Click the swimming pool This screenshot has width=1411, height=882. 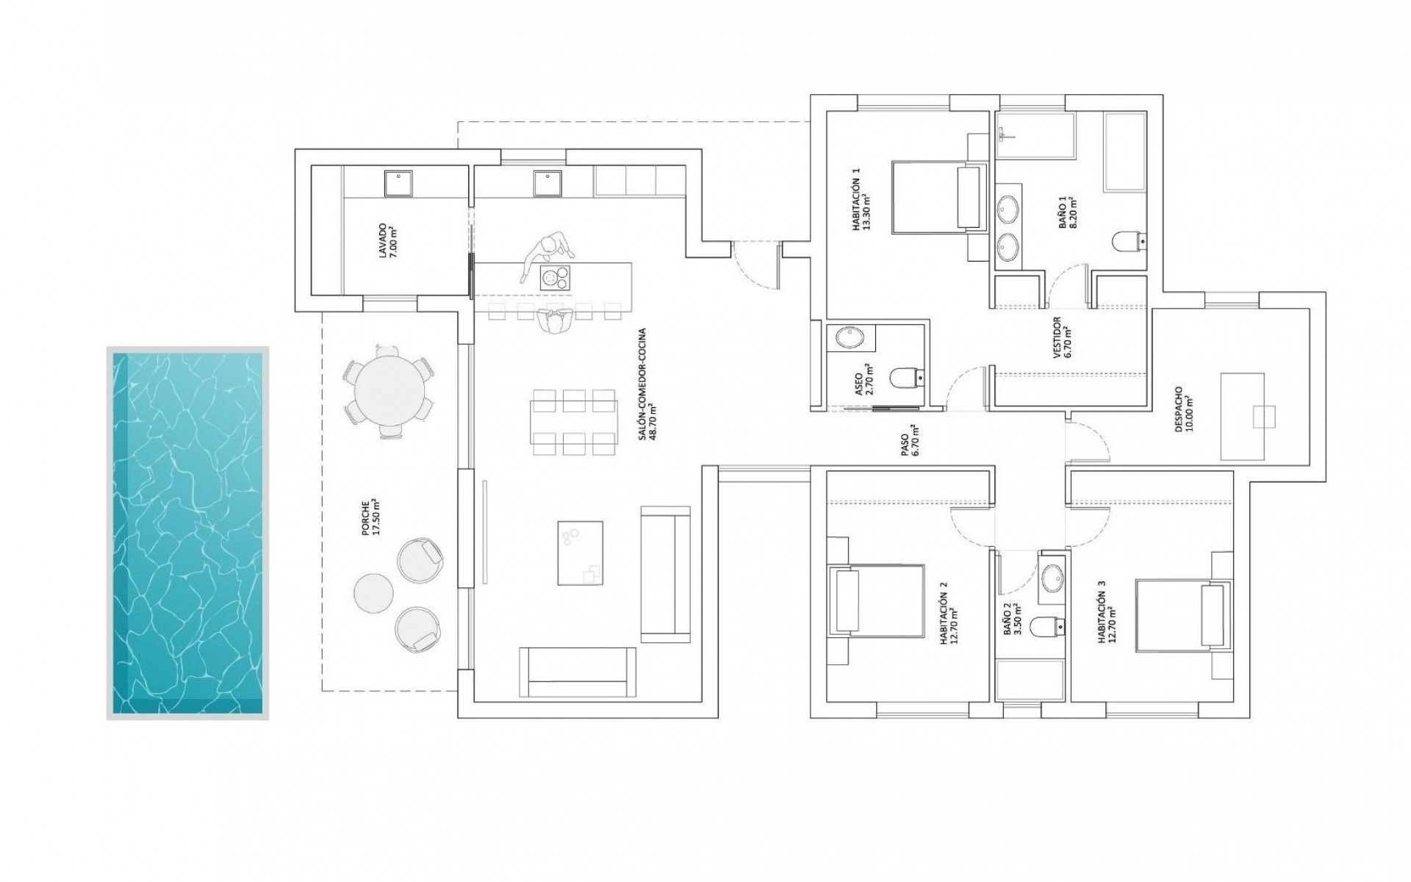coord(187,533)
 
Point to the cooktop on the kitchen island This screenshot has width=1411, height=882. coord(555,278)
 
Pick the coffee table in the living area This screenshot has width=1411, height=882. coord(580,553)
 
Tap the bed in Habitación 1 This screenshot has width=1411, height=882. coord(936,196)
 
